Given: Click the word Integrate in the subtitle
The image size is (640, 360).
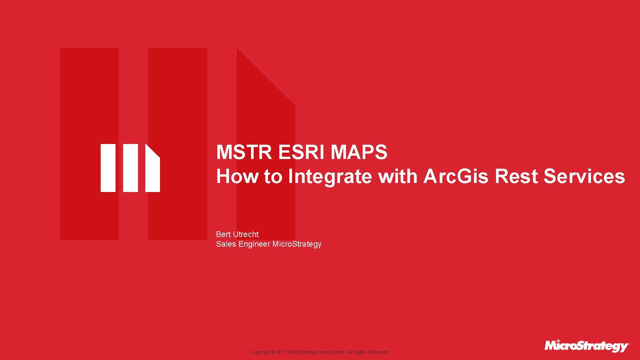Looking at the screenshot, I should coord(329,177).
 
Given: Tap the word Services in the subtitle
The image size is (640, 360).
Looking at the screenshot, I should coord(584,176).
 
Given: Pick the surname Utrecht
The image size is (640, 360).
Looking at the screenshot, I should coord(246,234).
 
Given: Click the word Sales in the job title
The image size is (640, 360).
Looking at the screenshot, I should coord(226,244).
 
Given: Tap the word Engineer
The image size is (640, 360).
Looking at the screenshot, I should coord(254,244).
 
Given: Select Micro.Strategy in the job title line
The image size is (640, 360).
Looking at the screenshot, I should coord(297,244).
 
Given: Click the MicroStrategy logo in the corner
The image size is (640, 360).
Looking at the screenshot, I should coord(587,346).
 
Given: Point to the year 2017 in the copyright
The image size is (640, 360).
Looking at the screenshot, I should coord(282,352).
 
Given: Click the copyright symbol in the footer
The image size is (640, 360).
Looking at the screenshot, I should coord(274,352).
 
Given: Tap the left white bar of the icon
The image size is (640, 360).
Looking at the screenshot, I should coord(108,168).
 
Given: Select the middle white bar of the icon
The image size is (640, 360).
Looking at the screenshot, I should coord(130,168).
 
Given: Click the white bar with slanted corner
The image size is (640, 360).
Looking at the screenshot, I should coord(152,172).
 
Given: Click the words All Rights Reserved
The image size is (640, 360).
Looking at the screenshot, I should coord(368,352).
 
